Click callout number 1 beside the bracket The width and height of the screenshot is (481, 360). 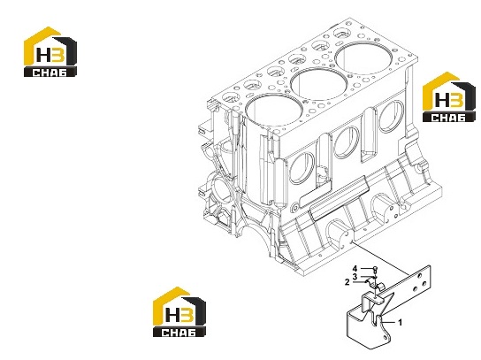tap(400, 323)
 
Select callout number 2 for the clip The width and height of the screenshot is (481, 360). tap(347, 282)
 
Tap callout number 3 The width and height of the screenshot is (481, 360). tap(355, 277)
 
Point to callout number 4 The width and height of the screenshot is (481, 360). tap(355, 269)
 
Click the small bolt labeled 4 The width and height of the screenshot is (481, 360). tap(376, 270)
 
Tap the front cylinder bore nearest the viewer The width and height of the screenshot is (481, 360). tap(273, 111)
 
